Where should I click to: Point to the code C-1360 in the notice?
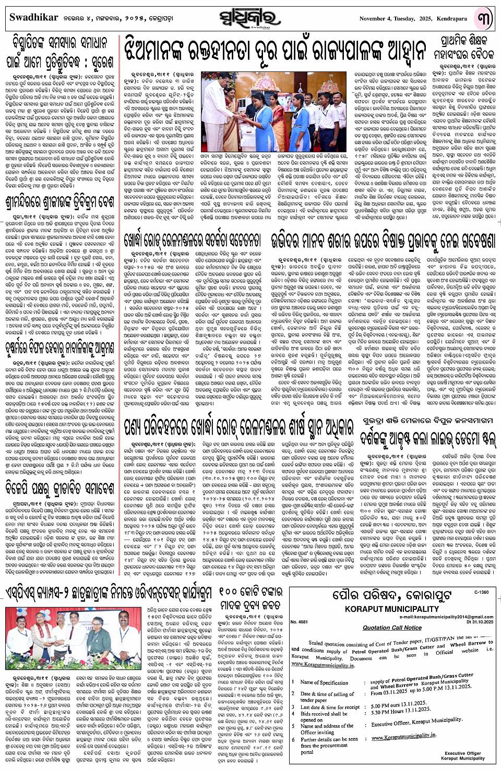coord(482,593)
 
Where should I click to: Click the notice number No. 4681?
coord(300,622)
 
